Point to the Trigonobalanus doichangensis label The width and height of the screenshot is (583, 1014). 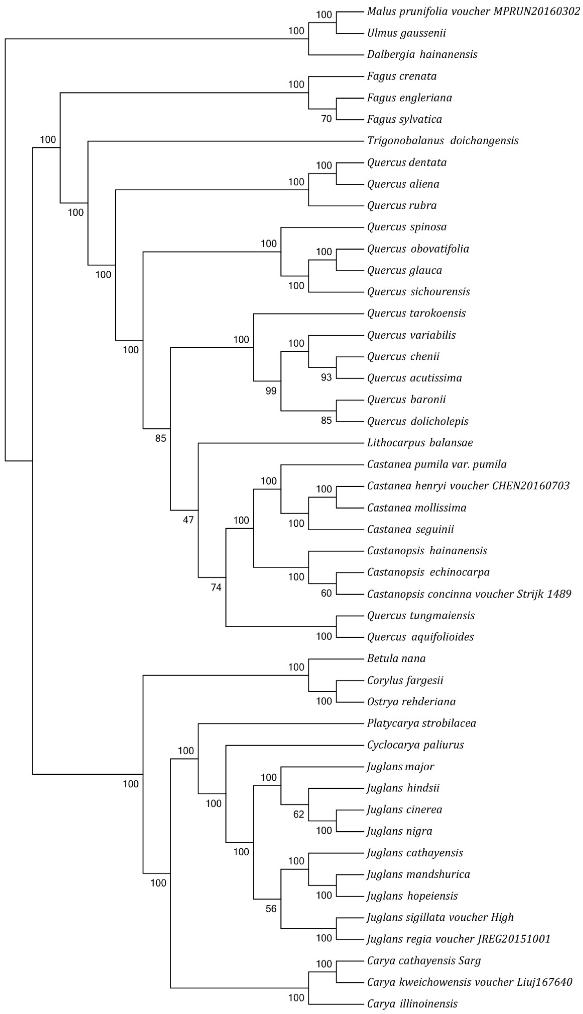tap(443, 141)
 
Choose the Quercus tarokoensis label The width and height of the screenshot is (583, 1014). tap(416, 313)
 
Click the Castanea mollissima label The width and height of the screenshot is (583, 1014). tap(416, 508)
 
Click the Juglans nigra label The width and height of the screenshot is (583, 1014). tap(399, 831)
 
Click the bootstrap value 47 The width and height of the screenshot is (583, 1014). tap(188, 520)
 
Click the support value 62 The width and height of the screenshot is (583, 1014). tap(299, 814)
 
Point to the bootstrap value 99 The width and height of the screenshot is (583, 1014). tap(271, 391)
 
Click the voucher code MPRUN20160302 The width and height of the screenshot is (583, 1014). tap(537, 12)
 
